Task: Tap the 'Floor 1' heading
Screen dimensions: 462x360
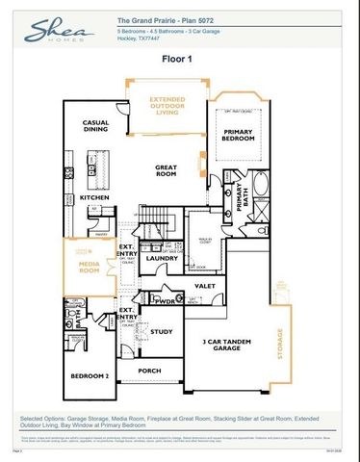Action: [x=179, y=59]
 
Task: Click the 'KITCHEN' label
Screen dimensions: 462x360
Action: [x=94, y=197]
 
